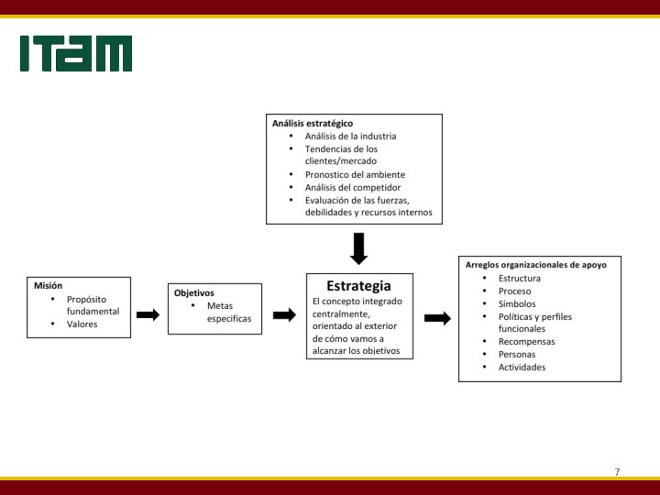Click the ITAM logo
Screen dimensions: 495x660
coord(76,54)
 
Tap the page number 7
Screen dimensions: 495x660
coord(617,471)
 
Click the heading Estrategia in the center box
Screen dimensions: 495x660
coord(358,286)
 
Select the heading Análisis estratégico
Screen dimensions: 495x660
coord(313,123)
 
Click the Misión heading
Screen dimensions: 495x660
coord(48,285)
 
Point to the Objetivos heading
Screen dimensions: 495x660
coord(193,292)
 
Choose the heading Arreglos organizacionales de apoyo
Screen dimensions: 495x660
coord(535,265)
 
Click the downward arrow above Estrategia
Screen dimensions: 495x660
coord(358,248)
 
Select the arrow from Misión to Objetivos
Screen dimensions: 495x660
coord(148,314)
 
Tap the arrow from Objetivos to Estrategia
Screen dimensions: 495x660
coord(284,314)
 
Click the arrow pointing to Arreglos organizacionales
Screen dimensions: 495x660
coord(437,318)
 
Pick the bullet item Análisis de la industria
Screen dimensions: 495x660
coord(351,136)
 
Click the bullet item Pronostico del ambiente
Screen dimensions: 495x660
coord(355,174)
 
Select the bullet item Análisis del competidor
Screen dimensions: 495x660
coord(354,187)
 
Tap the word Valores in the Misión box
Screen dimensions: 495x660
coord(82,324)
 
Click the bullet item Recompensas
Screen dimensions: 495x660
coord(526,341)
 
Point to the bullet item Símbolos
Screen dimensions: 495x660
coord(517,303)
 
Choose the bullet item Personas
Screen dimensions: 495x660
coord(517,354)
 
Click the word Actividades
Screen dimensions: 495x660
coord(522,367)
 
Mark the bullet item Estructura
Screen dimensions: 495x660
coord(520,278)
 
